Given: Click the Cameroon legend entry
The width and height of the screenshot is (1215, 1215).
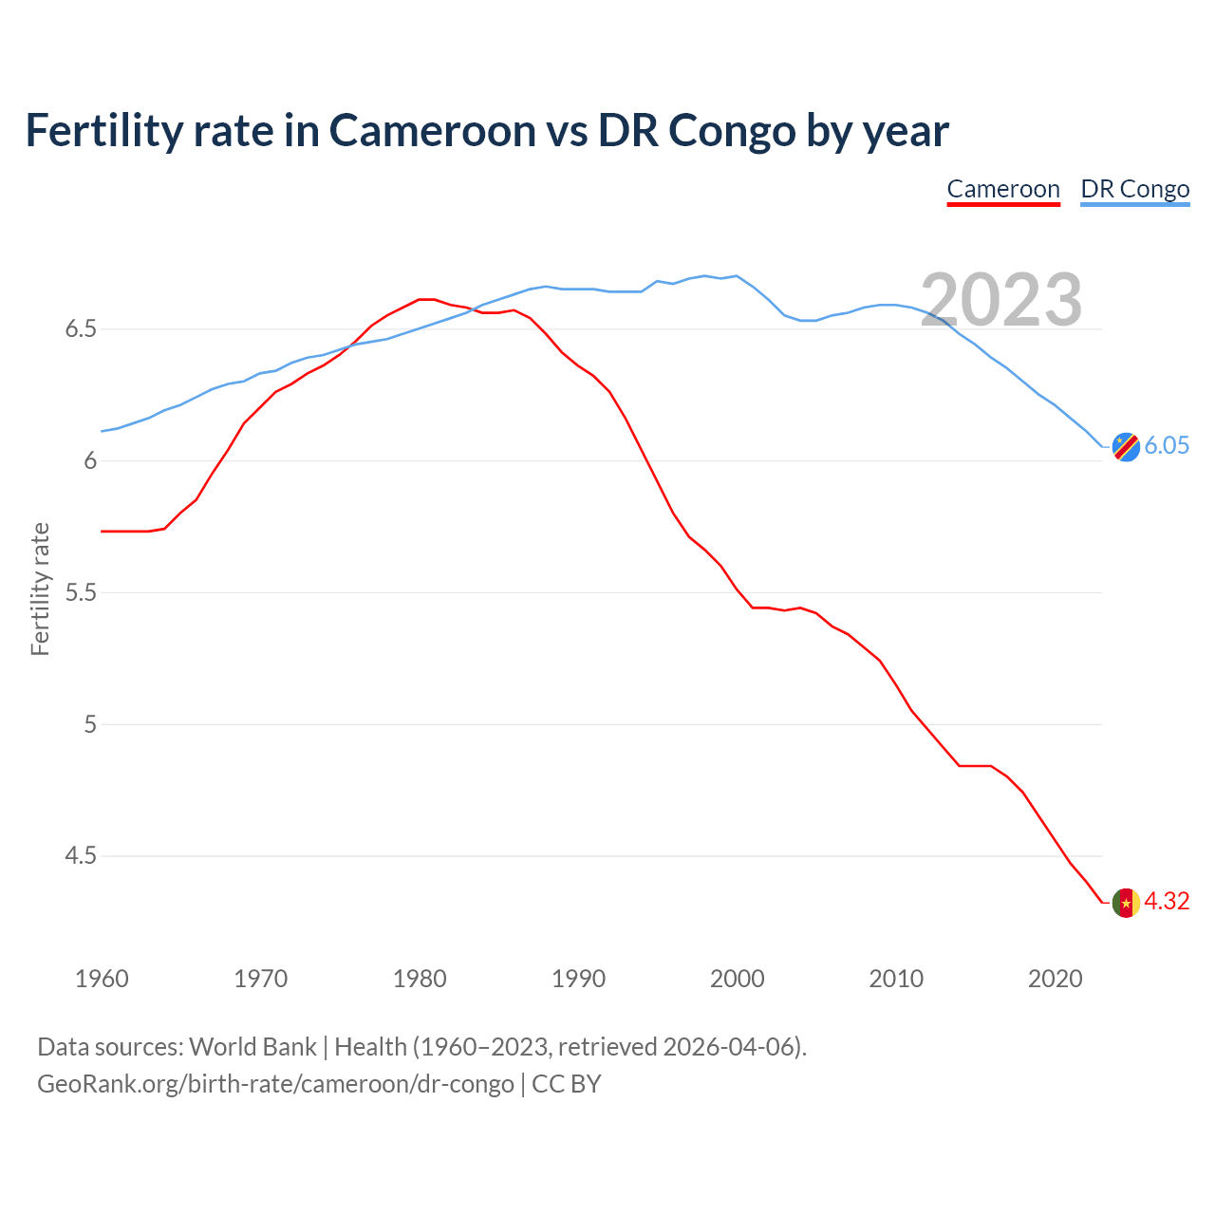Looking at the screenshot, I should point(1003,189).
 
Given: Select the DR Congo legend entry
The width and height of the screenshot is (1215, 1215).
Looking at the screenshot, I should point(1134,189).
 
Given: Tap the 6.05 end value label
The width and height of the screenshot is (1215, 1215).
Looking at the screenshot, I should point(1167,445).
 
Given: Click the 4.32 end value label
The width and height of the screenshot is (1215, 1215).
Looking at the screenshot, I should point(1167,901).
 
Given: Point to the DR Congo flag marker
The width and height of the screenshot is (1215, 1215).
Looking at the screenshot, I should point(1126,446).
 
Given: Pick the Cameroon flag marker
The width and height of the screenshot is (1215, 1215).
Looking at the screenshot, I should point(1126,903).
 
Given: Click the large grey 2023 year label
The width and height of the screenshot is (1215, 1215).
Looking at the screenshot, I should point(1001,300).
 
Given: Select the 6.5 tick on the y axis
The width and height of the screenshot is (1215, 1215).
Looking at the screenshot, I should point(81,329).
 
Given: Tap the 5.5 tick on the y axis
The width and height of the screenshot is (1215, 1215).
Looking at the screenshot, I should point(81,593).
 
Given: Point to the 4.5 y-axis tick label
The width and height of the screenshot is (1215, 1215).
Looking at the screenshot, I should point(81,856).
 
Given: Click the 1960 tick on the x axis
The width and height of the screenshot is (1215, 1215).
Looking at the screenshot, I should point(102,979).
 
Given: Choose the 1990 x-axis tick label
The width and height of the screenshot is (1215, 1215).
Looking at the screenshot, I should point(578,979).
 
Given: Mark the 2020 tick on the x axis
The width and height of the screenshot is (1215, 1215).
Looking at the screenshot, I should point(1055,979).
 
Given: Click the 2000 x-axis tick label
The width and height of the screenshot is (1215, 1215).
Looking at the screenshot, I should point(737,979).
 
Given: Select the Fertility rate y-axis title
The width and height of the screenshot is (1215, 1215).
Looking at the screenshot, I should point(40,589).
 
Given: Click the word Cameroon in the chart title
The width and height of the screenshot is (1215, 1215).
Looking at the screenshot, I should point(432,130).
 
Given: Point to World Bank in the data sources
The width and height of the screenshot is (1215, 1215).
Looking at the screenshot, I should point(252,1047).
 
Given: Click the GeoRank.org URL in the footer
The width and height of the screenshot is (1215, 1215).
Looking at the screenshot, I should point(275,1083).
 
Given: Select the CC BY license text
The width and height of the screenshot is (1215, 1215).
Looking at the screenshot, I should point(567,1083).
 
